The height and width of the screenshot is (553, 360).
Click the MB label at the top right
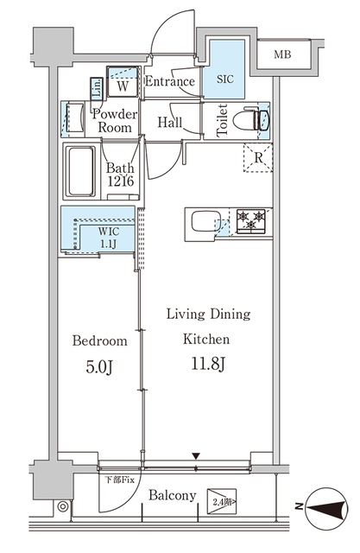pyautogui.click(x=282, y=55)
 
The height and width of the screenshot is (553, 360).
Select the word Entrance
pyautogui.click(x=169, y=82)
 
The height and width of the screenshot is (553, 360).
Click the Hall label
pyautogui.click(x=170, y=123)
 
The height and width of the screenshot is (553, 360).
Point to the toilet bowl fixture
pyautogui.click(x=252, y=119)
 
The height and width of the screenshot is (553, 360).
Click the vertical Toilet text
pyautogui.click(x=221, y=120)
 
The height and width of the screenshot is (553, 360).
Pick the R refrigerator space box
pyautogui.click(x=257, y=158)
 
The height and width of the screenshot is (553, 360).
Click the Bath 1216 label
pyautogui.click(x=119, y=175)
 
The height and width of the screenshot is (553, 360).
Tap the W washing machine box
pyautogui.click(x=123, y=85)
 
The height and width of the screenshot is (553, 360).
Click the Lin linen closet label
pyautogui.click(x=97, y=86)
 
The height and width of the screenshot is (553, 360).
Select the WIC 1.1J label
pyautogui.click(x=108, y=238)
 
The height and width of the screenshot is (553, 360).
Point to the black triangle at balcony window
pyautogui.click(x=197, y=456)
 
